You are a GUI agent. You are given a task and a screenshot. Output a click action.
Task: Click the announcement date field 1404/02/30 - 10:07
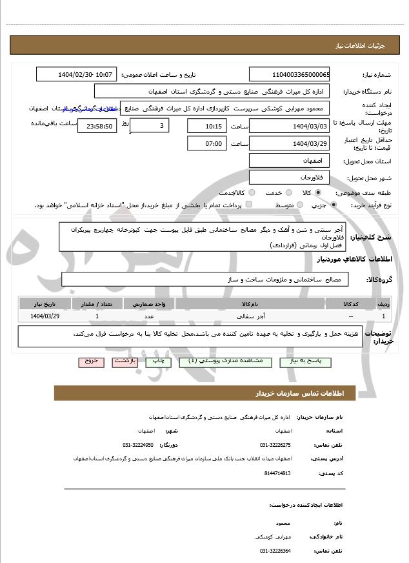click(x=77, y=74)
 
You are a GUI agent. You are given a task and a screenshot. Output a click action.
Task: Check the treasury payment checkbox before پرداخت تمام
click(x=249, y=205)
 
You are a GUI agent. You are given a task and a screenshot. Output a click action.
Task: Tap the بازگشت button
click(x=125, y=362)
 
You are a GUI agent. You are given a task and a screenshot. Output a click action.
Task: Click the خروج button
click(x=90, y=362)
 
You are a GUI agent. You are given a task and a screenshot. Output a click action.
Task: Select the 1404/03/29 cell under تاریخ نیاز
click(x=45, y=316)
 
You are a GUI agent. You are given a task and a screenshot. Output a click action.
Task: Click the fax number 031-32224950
click(x=138, y=445)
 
